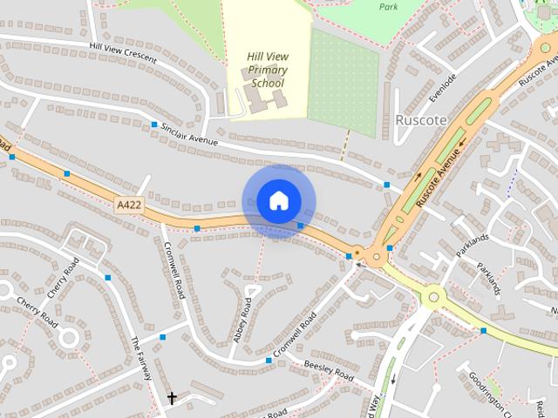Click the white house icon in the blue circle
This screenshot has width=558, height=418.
(278, 200)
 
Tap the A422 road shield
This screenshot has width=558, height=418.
(127, 205)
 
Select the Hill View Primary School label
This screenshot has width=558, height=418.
(268, 71)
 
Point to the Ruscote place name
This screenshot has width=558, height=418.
(420, 119)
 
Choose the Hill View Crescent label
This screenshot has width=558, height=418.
(122, 53)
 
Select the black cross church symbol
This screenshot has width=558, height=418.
(172, 399)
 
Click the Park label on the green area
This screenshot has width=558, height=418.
(389, 6)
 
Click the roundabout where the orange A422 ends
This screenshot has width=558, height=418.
(377, 255)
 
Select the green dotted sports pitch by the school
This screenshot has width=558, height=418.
(344, 83)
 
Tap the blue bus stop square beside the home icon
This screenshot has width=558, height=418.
(300, 226)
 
